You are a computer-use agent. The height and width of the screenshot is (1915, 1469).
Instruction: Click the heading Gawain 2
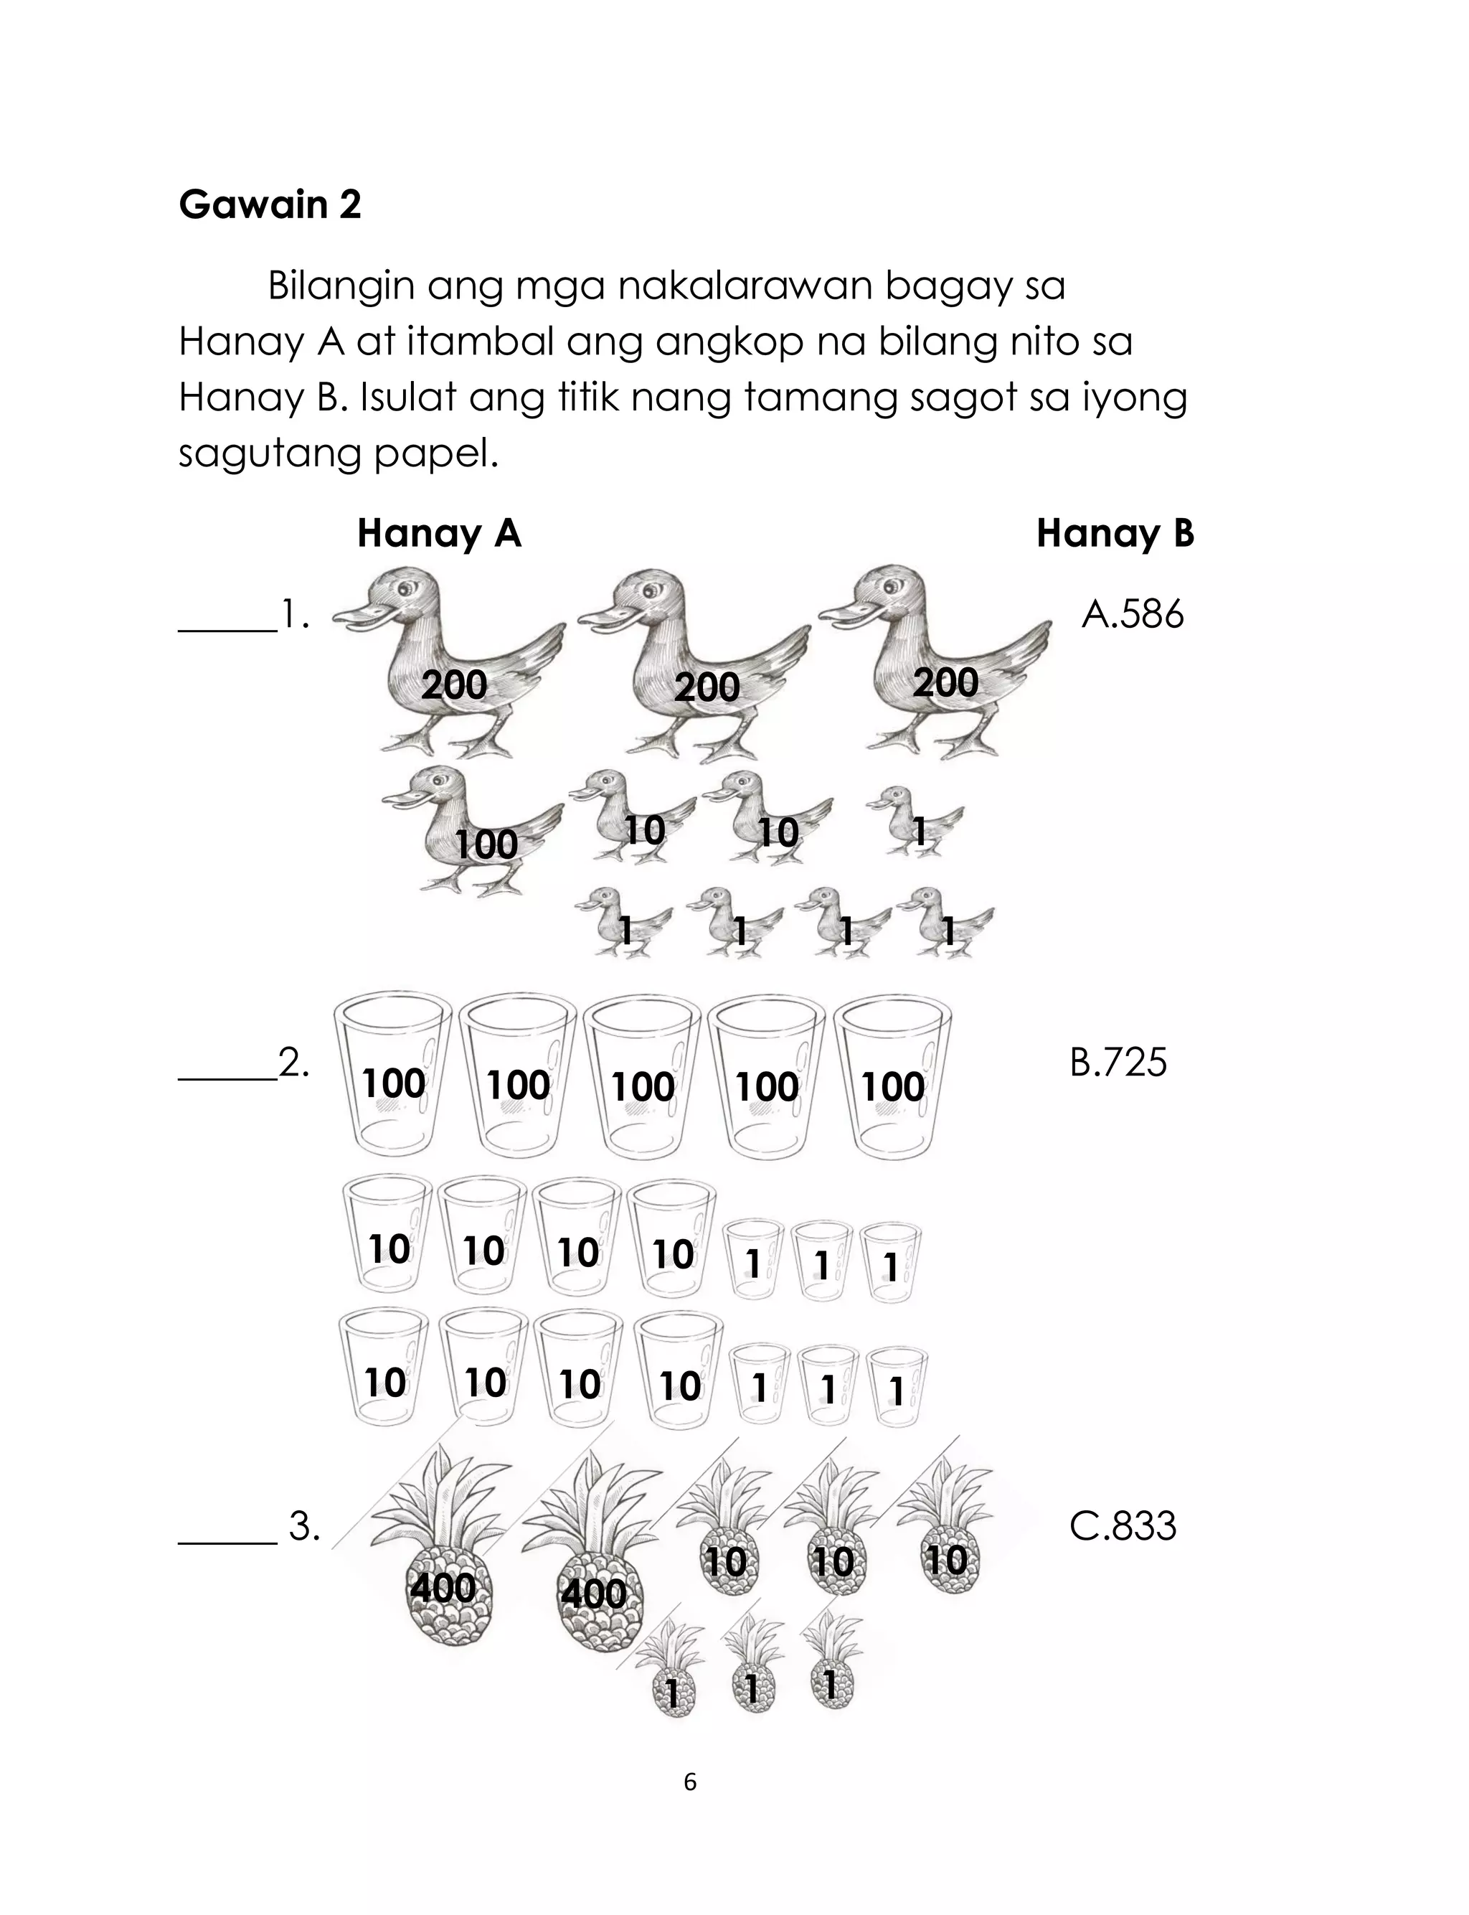pos(269,204)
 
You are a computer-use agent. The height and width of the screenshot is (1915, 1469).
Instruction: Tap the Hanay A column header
pos(439,533)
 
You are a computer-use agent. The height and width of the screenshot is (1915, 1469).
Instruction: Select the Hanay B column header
pos(1114,533)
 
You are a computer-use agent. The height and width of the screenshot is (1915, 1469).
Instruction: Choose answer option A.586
pos(1133,615)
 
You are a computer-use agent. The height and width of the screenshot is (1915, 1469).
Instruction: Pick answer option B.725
pos(1118,1063)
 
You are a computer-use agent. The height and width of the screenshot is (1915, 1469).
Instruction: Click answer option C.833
pos(1123,1526)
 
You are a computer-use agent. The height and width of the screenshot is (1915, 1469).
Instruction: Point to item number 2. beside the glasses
pos(294,1063)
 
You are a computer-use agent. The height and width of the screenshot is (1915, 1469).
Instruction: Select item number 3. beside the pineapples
pos(304,1527)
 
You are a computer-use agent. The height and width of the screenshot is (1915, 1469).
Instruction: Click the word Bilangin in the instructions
pos(341,287)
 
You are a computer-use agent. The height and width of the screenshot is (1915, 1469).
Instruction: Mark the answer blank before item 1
pos(227,628)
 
